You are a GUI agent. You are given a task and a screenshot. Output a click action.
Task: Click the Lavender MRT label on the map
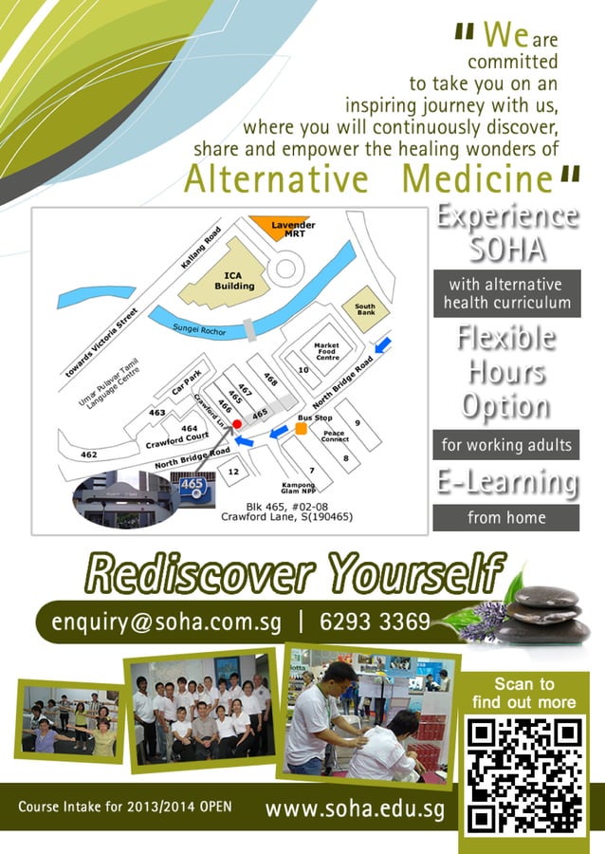coord(294,229)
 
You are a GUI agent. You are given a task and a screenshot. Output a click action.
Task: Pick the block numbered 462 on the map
coord(88,455)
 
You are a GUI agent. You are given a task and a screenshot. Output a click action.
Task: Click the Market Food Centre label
coord(327,351)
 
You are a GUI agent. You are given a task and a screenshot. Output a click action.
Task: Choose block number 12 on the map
coord(234,472)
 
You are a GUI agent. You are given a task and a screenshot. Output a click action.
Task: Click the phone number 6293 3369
coord(376,622)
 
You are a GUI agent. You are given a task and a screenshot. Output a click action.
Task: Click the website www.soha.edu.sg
coord(355,809)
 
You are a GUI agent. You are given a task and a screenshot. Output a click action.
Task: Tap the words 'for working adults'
coord(506,443)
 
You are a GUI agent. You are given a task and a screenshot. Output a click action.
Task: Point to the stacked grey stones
coord(550,614)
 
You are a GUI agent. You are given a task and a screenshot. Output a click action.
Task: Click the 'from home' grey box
coord(506,518)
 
